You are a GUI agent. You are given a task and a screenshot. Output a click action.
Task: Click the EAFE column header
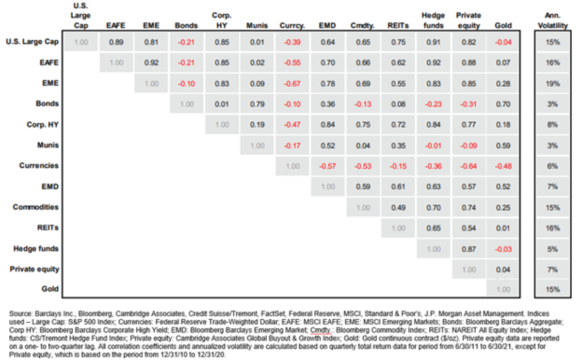[116, 25]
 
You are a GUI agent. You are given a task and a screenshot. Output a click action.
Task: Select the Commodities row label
[35, 207]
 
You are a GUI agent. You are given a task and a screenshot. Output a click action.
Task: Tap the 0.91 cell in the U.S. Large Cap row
[433, 42]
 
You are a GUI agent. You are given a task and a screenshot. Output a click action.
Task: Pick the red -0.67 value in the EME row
[292, 83]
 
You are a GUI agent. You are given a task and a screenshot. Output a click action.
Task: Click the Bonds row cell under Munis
[257, 104]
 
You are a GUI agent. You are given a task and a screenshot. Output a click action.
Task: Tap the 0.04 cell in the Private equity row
[504, 269]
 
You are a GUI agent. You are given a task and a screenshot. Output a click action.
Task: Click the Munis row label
[48, 145]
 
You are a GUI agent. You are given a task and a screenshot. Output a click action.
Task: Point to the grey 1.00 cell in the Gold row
[504, 290]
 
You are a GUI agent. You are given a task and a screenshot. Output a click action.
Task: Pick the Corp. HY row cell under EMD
[327, 125]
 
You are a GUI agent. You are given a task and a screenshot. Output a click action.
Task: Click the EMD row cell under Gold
[504, 186]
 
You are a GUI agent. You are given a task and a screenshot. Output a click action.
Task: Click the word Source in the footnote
[20, 314]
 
